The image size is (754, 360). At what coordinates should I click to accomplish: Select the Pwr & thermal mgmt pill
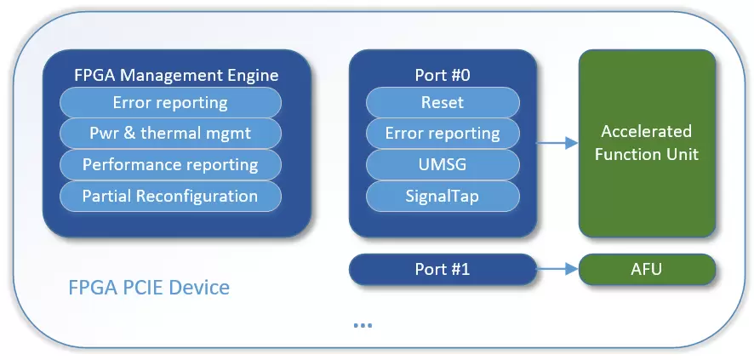pyautogui.click(x=169, y=134)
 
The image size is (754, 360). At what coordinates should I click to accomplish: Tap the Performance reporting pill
pyautogui.click(x=169, y=165)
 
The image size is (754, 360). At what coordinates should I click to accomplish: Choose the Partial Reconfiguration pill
pyautogui.click(x=169, y=196)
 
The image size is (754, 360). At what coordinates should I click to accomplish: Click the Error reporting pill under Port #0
pyautogui.click(x=443, y=134)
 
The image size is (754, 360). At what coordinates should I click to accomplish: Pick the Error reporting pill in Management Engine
pyautogui.click(x=169, y=103)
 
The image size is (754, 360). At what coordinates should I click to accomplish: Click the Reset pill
pyautogui.click(x=443, y=103)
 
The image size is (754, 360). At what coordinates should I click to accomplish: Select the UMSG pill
pyautogui.click(x=443, y=165)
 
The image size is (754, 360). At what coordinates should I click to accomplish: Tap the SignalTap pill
pyautogui.click(x=443, y=196)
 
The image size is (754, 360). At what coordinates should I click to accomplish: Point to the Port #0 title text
pyautogui.click(x=443, y=76)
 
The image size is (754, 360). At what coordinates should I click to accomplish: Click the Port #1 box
pyautogui.click(x=443, y=270)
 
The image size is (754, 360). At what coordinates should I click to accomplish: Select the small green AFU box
pyautogui.click(x=647, y=270)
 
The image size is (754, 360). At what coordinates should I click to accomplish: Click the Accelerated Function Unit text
pyautogui.click(x=647, y=143)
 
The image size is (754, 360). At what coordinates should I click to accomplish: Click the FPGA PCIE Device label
pyautogui.click(x=149, y=288)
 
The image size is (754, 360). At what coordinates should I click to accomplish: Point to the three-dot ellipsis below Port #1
pyautogui.click(x=363, y=325)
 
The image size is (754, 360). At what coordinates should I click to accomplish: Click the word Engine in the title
pyautogui.click(x=252, y=76)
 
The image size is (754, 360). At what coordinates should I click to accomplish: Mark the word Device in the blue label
pyautogui.click(x=198, y=288)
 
